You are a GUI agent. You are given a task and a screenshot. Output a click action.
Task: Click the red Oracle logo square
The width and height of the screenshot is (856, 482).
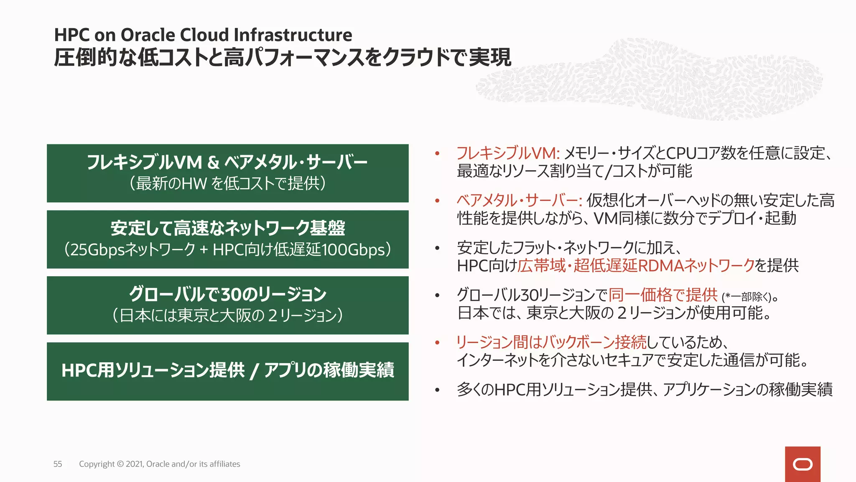tap(802, 464)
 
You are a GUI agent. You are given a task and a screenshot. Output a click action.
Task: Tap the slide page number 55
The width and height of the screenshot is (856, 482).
tap(58, 464)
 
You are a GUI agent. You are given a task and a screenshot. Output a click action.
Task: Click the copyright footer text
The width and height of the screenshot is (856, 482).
tap(159, 464)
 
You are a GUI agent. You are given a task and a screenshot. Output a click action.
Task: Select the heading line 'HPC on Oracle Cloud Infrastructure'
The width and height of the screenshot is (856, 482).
tap(203, 35)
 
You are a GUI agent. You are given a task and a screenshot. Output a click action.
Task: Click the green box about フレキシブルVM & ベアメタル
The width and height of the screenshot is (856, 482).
tap(227, 173)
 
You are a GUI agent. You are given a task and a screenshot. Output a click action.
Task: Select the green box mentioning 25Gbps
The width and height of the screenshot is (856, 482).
tap(227, 239)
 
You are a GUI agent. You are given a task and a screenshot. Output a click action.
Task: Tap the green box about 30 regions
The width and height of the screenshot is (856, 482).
tap(227, 305)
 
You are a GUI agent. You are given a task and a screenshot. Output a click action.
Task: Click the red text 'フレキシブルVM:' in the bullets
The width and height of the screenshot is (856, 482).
tap(507, 154)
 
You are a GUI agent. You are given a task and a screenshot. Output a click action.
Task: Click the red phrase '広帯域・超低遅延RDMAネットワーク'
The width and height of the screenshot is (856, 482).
tap(636, 266)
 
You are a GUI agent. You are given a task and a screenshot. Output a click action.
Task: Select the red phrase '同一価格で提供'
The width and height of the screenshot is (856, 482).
tap(663, 295)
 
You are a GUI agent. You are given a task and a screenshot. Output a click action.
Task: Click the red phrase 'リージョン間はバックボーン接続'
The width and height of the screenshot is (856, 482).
tap(551, 342)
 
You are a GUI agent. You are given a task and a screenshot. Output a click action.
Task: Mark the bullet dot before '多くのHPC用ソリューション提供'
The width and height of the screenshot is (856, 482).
tap(437, 390)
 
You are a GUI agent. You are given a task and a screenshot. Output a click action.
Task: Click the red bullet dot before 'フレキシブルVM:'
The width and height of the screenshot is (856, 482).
tap(437, 154)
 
